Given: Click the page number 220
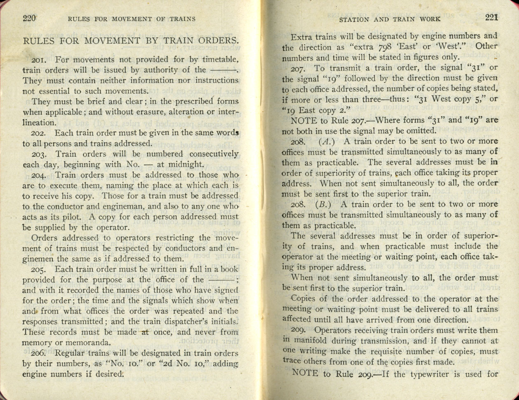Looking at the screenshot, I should [30, 18].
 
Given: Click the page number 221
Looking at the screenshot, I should [492, 17].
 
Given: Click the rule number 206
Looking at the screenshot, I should [40, 353].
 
